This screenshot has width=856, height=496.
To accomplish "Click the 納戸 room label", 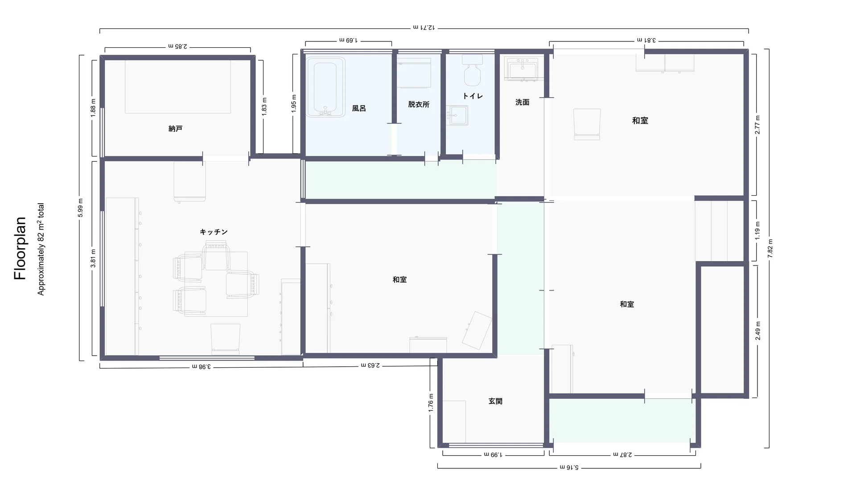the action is (x=175, y=129).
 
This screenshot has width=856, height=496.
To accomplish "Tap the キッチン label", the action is (x=214, y=232).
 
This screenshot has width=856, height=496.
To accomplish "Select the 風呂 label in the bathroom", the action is (x=359, y=108).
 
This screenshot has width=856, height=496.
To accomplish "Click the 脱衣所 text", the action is (x=419, y=104).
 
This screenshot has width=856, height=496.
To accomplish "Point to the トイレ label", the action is (x=473, y=96).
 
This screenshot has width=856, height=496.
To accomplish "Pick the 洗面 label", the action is (x=522, y=102).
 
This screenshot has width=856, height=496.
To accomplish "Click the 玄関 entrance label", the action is (x=495, y=401).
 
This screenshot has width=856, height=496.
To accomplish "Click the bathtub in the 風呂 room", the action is (x=325, y=87).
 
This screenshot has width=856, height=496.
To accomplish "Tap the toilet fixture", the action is (x=472, y=70).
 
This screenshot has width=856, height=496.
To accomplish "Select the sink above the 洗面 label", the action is (x=524, y=70).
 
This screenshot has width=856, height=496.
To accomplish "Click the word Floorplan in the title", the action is (x=20, y=248).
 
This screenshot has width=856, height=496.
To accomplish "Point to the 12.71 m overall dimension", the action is (x=424, y=28).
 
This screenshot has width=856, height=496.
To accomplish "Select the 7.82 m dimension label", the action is (x=770, y=248).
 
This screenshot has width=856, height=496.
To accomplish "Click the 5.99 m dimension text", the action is (x=81, y=208).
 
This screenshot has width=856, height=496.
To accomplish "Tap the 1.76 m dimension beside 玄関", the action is (x=431, y=402).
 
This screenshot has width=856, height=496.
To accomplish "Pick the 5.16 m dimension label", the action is (x=569, y=467).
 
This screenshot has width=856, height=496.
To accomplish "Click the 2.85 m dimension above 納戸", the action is (x=178, y=46).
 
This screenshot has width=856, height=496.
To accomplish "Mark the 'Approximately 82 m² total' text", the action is (x=41, y=249).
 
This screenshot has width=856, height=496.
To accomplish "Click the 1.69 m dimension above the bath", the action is (x=349, y=40).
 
